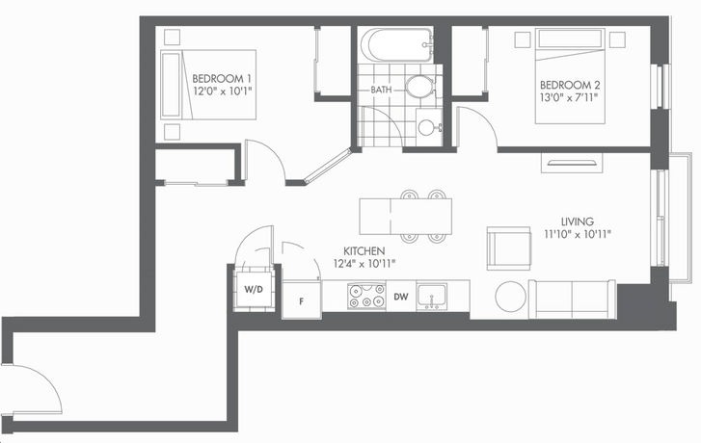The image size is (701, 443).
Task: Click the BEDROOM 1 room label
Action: pyautogui.click(x=222, y=79)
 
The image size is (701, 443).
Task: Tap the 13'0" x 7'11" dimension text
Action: pyautogui.click(x=569, y=97)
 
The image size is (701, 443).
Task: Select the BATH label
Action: pyautogui.click(x=381, y=90)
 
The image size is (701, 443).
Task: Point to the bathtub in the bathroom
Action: pyautogui.click(x=396, y=45)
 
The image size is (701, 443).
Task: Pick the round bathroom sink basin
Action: pyautogui.click(x=426, y=127)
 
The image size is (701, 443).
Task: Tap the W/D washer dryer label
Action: pyautogui.click(x=254, y=289)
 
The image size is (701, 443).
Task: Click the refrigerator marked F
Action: pyautogui.click(x=302, y=300)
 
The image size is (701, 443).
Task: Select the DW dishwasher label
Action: pyautogui.click(x=401, y=296)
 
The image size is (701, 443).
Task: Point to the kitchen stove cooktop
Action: pyautogui.click(x=366, y=296)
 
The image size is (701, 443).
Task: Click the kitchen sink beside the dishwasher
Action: pyautogui.click(x=431, y=296)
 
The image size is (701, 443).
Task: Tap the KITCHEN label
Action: pyautogui.click(x=364, y=251)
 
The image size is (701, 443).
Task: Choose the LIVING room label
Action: pyautogui.click(x=578, y=221)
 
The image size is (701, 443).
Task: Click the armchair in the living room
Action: pyautogui.click(x=509, y=248)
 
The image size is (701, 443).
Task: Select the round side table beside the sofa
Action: pyautogui.click(x=510, y=297)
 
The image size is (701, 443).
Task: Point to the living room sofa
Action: pyautogui.click(x=572, y=299)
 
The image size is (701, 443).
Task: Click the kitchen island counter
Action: pyautogui.click(x=406, y=217)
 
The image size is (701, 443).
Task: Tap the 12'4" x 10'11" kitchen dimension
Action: pyautogui.click(x=364, y=264)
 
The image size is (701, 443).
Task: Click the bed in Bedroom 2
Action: pyautogui.click(x=570, y=76)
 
